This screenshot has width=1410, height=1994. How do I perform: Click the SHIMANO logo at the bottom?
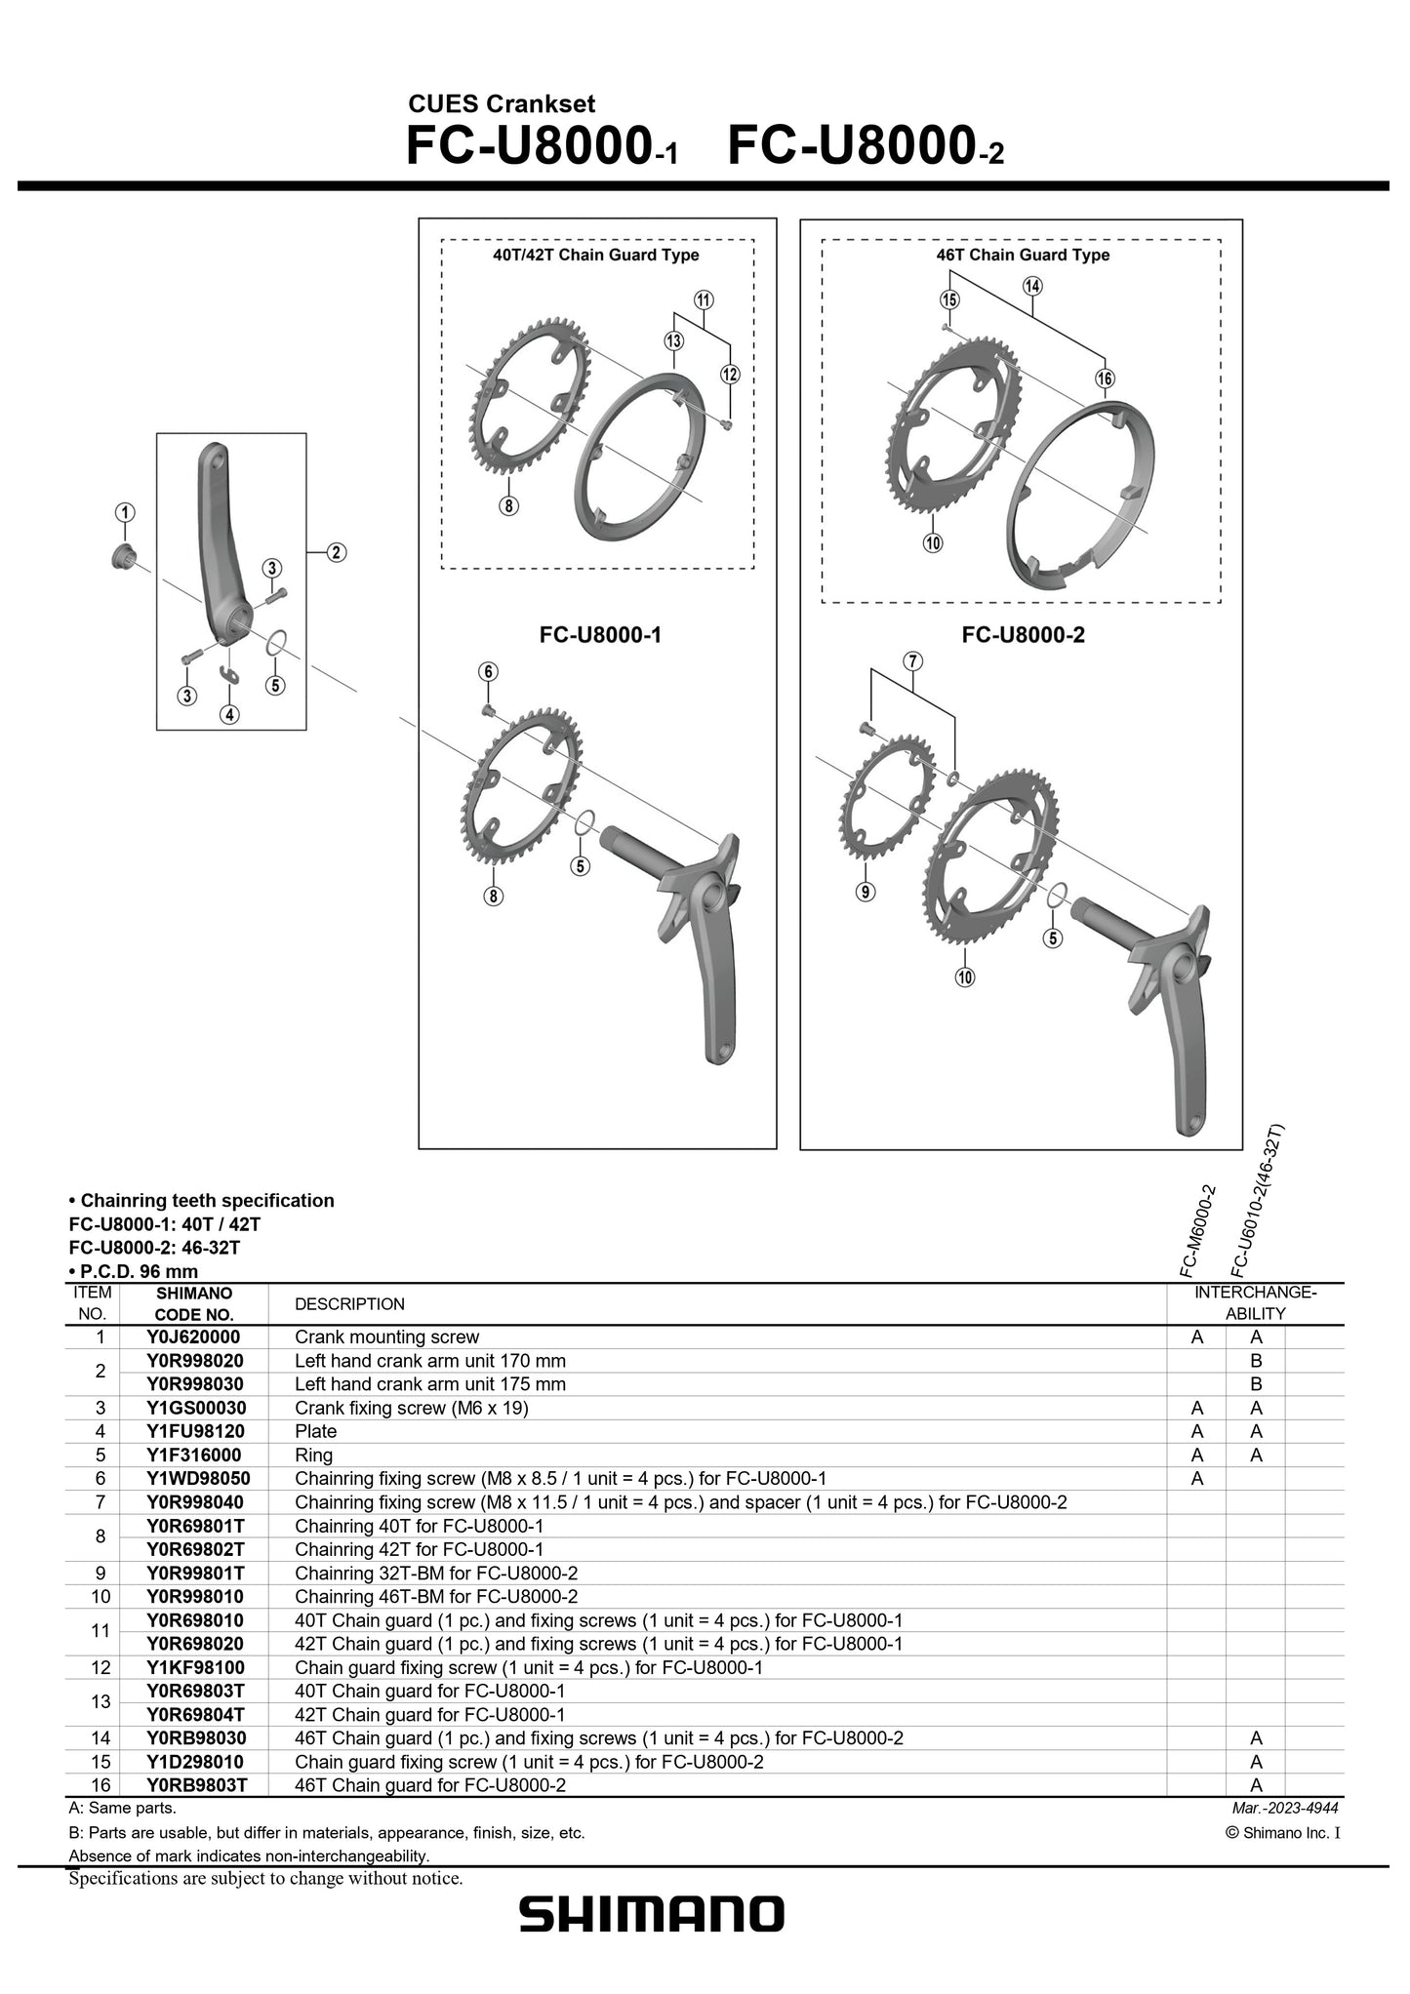(x=651, y=1915)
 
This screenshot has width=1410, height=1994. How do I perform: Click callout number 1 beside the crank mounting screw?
(x=124, y=512)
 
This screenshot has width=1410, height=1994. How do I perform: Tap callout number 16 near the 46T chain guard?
(x=1104, y=379)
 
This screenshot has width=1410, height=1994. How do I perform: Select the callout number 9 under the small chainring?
(x=865, y=891)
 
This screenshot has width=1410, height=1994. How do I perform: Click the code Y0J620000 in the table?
(x=193, y=1337)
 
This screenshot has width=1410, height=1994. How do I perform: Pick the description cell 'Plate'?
(x=315, y=1431)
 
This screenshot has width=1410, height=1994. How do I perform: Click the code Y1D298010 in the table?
(x=195, y=1762)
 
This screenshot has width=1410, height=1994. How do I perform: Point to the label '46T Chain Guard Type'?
(x=1023, y=255)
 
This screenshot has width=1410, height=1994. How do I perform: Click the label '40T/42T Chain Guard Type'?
(x=595, y=255)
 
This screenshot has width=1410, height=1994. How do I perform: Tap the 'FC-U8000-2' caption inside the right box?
(x=1023, y=635)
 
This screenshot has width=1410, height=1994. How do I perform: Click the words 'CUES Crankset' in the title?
(x=501, y=104)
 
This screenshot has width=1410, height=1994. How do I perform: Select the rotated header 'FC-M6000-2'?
(x=1197, y=1231)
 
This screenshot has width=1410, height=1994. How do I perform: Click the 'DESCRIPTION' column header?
(x=349, y=1304)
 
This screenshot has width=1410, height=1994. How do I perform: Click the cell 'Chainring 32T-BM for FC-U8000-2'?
(x=436, y=1573)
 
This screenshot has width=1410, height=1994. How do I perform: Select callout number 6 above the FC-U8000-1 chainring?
(x=489, y=671)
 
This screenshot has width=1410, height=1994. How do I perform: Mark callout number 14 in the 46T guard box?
(x=1032, y=286)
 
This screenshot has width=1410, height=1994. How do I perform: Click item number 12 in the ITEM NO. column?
(x=100, y=1667)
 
